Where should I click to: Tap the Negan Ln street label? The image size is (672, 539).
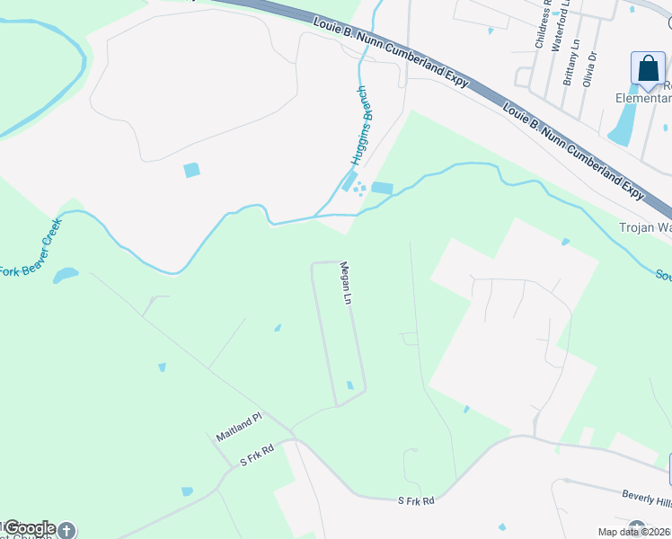345,283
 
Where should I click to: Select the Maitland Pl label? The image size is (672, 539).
237,427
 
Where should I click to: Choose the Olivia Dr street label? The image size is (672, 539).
591,67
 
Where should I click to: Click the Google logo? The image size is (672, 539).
29,528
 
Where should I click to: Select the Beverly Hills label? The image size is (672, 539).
646,497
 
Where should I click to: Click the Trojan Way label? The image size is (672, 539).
644,227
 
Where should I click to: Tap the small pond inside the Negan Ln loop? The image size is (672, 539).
350,385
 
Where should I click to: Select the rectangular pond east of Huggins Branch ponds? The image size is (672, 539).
382,188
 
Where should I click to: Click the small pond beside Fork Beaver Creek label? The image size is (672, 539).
65,275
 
